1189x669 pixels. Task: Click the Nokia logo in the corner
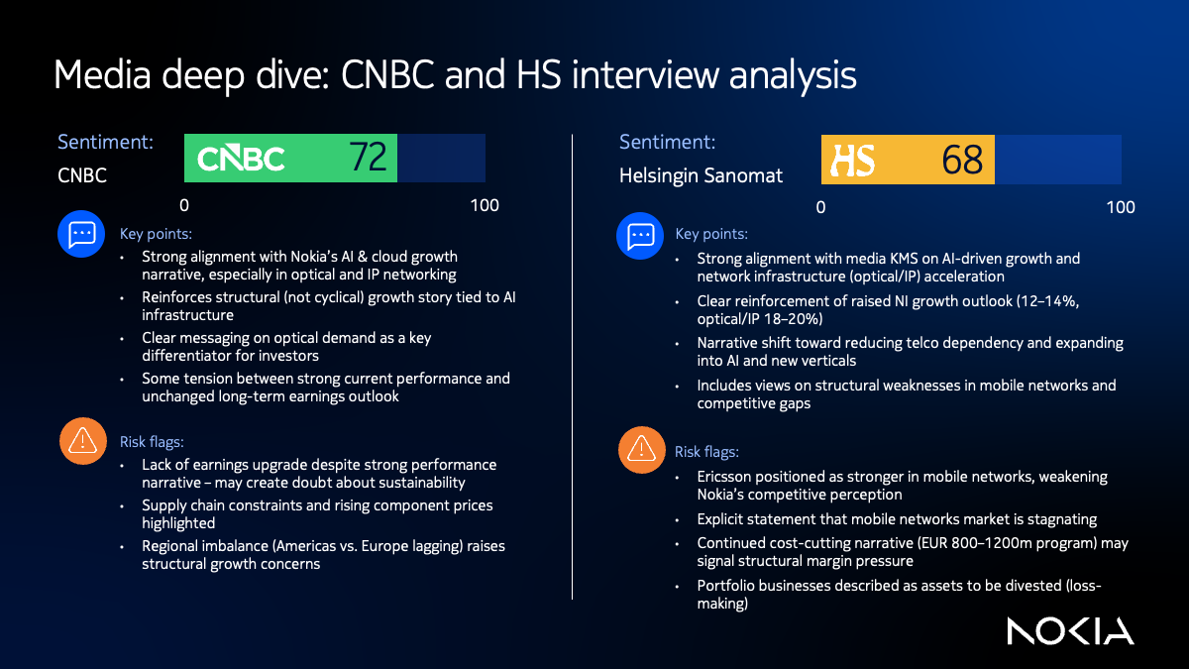pos(1070,631)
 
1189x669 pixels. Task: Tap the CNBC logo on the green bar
pos(241,159)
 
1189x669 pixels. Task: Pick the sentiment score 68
pos(962,160)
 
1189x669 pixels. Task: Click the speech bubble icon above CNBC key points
pos(82,234)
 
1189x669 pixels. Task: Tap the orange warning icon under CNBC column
pos(82,442)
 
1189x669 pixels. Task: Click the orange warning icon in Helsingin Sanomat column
pos(640,452)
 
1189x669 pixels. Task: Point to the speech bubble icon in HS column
pos(640,235)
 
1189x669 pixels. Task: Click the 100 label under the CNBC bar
pos(485,206)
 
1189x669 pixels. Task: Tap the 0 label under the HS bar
pos(820,207)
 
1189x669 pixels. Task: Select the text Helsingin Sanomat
pos(701,176)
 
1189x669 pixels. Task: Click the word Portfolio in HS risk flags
pos(728,586)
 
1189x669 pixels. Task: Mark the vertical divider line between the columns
pos(573,367)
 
